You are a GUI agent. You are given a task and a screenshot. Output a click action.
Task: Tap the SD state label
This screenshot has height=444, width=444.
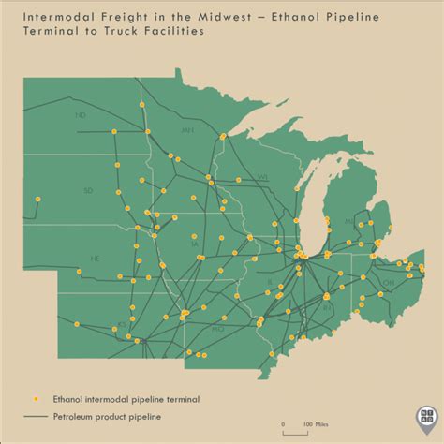(87, 190)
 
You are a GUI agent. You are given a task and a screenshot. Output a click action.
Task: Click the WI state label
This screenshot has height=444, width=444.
(263, 176)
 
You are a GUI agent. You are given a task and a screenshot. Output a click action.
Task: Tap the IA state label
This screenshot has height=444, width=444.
(194, 244)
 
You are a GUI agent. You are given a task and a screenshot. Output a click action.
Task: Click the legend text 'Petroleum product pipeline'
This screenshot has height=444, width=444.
(107, 417)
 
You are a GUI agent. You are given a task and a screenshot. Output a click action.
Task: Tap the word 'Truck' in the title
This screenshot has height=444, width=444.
(130, 31)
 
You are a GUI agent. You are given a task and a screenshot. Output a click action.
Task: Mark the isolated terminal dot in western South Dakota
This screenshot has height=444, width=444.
(37, 199)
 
